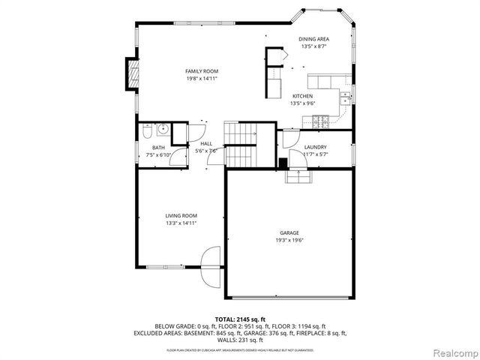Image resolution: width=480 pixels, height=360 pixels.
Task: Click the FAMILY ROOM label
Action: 202,70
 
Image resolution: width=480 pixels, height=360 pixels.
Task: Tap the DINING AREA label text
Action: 313,39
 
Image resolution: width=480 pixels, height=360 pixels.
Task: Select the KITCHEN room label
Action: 302,96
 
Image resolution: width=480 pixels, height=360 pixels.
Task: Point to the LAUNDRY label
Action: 315,147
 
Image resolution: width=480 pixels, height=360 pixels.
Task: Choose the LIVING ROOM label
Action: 181,215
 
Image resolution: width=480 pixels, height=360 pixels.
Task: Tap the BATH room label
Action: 159,148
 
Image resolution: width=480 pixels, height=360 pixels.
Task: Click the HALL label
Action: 206,143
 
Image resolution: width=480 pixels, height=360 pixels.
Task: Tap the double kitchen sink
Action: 345,97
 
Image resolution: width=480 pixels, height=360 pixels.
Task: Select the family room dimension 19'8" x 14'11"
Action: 202,78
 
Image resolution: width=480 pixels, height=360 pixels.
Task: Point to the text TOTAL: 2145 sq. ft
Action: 240,319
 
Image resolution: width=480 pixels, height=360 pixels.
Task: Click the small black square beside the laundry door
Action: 283,163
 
